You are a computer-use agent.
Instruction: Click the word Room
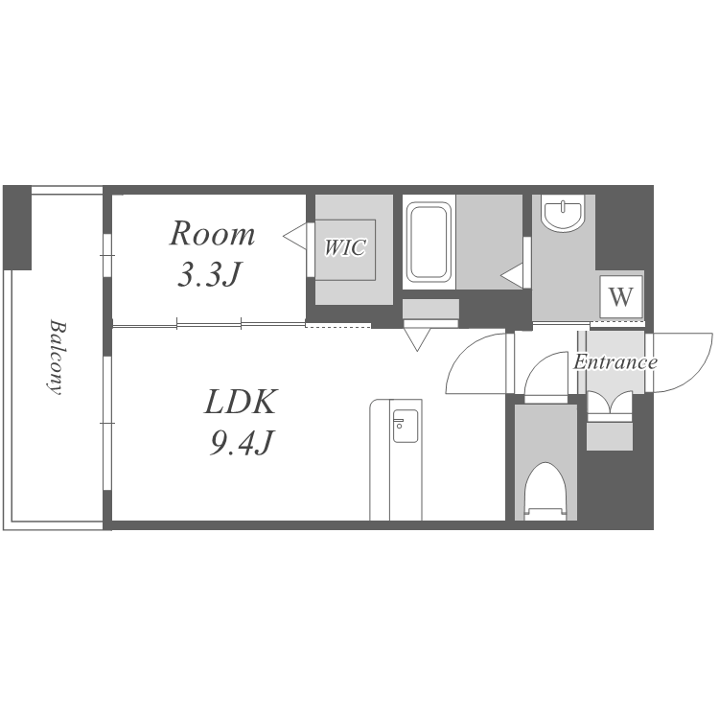[x=212, y=234]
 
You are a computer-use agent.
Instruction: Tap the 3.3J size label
[x=209, y=275]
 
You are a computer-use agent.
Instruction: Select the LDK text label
[x=241, y=402]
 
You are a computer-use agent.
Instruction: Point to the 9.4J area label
[x=242, y=444]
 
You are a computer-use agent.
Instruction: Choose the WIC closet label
[x=345, y=247]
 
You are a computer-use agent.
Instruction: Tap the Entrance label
[x=615, y=362]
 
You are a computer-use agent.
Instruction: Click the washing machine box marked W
[x=621, y=296]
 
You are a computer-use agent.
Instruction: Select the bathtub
[x=429, y=242]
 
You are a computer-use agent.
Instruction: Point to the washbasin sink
[x=563, y=212]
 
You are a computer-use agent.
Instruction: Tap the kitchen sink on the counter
[x=406, y=426]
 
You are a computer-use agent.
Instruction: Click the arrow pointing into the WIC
[x=295, y=237]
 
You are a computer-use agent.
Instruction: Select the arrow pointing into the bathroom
[x=512, y=276]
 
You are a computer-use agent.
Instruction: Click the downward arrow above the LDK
[x=417, y=339]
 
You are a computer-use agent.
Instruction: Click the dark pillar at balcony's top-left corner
[x=17, y=227]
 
